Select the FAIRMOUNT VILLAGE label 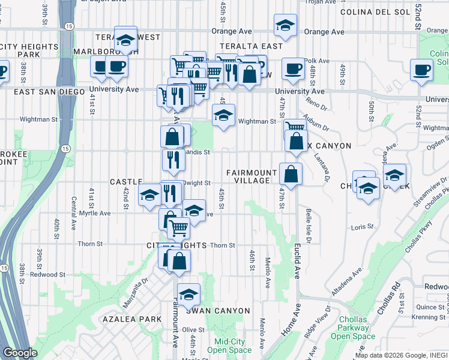(x=252, y=176)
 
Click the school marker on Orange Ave (x=285, y=25)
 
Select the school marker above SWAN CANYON (x=188, y=294)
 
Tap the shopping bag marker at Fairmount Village (x=291, y=175)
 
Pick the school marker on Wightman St (x=223, y=116)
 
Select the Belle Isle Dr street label (x=308, y=226)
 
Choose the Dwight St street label (x=197, y=182)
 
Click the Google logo (x=20, y=353)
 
